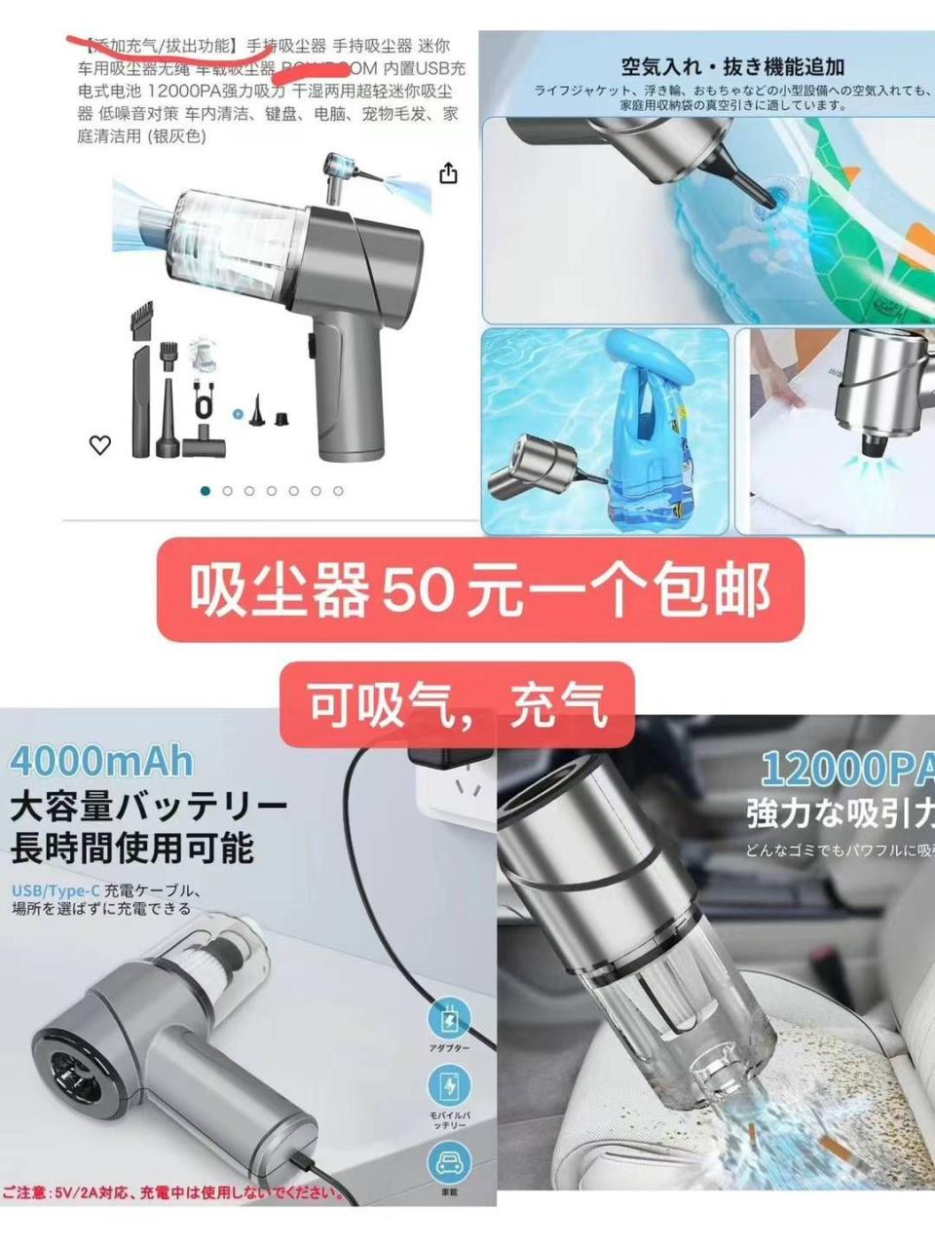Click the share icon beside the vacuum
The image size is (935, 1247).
[x=448, y=173]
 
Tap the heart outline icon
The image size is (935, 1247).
[x=100, y=445]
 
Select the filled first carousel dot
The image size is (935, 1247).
[x=205, y=491]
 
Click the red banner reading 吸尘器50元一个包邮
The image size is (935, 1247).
[x=480, y=589]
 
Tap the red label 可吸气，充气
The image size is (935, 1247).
[x=457, y=703]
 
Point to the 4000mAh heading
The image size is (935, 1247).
[x=101, y=761]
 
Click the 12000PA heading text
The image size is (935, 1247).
[x=845, y=770]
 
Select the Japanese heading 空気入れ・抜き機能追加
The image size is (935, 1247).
[x=732, y=66]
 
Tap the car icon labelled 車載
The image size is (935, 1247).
[x=448, y=1162]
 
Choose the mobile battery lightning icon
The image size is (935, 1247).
[x=449, y=1084]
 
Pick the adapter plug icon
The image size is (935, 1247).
[x=449, y=1018]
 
